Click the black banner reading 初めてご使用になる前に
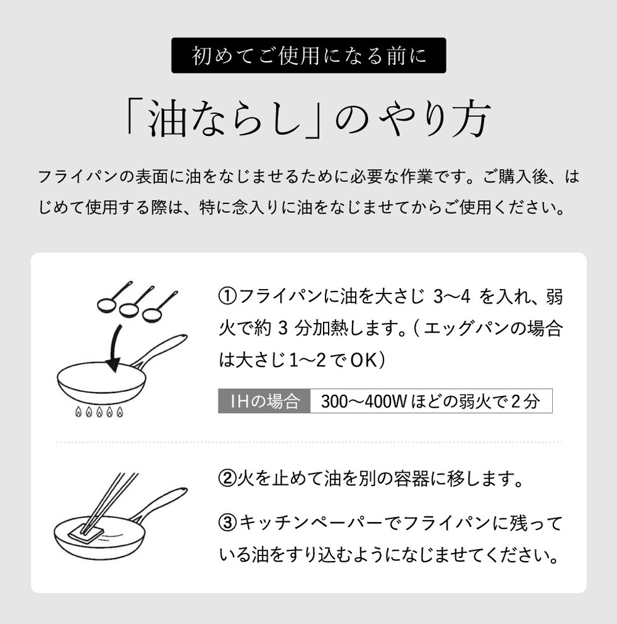tap(308, 55)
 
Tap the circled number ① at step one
tap(228, 297)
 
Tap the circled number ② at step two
tap(228, 479)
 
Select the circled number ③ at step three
tap(228, 523)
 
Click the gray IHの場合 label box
tap(264, 400)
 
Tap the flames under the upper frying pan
tap(99, 412)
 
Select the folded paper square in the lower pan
tap(86, 533)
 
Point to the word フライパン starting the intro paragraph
tap(78, 177)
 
